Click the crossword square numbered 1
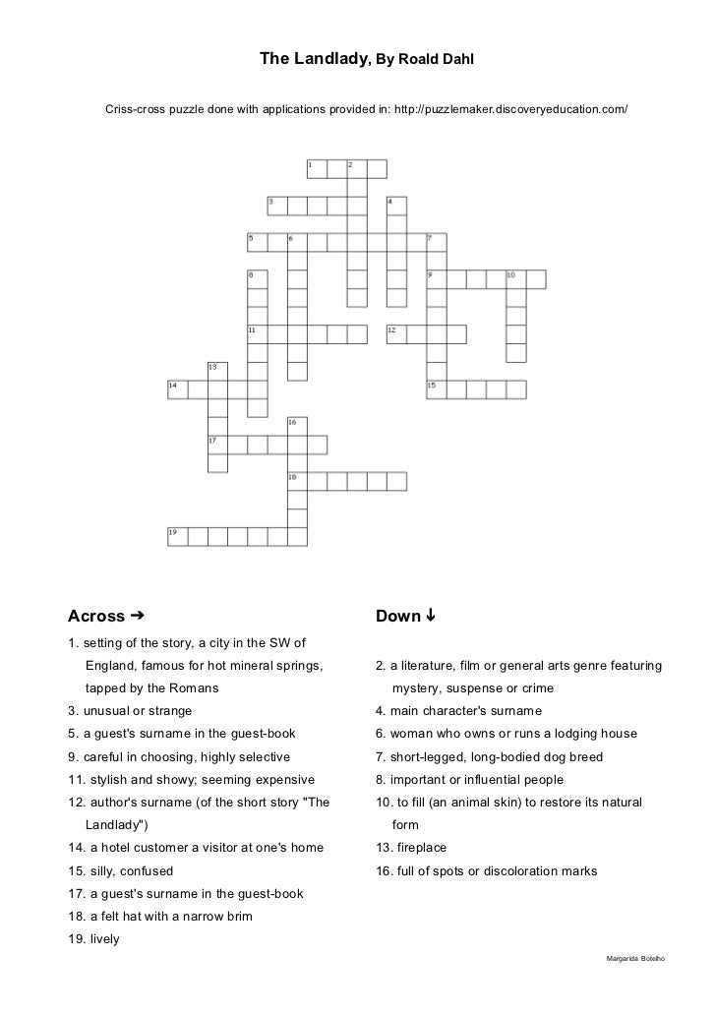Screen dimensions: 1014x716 click(x=317, y=168)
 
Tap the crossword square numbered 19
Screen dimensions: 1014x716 click(x=177, y=536)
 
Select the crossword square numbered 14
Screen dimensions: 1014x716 click(x=177, y=388)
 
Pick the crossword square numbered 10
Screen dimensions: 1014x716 click(x=514, y=278)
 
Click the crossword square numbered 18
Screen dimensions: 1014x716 click(x=297, y=481)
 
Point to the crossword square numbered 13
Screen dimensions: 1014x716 click(x=217, y=371)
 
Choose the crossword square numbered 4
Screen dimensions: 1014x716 click(x=396, y=206)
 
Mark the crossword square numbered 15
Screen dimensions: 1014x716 click(x=436, y=388)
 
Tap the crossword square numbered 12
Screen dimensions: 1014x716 click(x=396, y=333)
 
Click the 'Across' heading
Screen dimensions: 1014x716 click(x=96, y=617)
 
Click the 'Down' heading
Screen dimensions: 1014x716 click(x=397, y=617)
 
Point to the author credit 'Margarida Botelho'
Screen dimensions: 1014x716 click(x=637, y=957)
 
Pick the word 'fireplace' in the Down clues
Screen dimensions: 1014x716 click(x=417, y=848)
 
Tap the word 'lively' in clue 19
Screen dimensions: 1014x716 click(x=102, y=939)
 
